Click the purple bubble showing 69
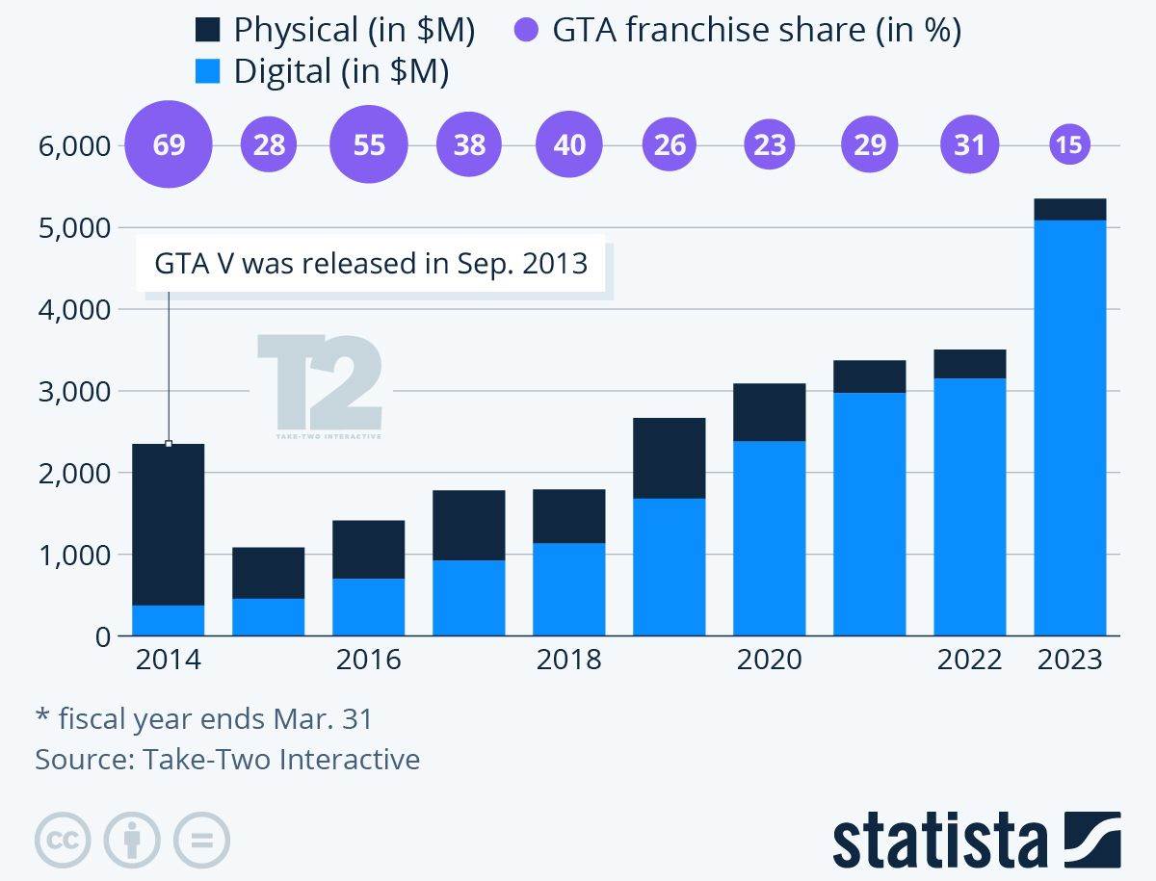click(169, 145)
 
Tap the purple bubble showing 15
click(1069, 145)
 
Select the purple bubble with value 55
click(369, 145)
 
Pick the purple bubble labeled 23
click(770, 145)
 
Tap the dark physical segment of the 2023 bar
click(1069, 209)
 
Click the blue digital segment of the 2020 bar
click(770, 538)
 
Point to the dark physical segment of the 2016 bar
click(369, 549)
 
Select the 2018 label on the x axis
click(568, 661)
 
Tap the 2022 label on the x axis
click(969, 661)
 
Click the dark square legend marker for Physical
click(208, 32)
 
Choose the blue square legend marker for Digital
click(208, 72)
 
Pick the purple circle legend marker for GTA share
click(525, 32)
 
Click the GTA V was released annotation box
click(370, 263)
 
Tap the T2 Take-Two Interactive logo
click(319, 386)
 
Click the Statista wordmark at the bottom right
click(939, 842)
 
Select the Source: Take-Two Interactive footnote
click(227, 760)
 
